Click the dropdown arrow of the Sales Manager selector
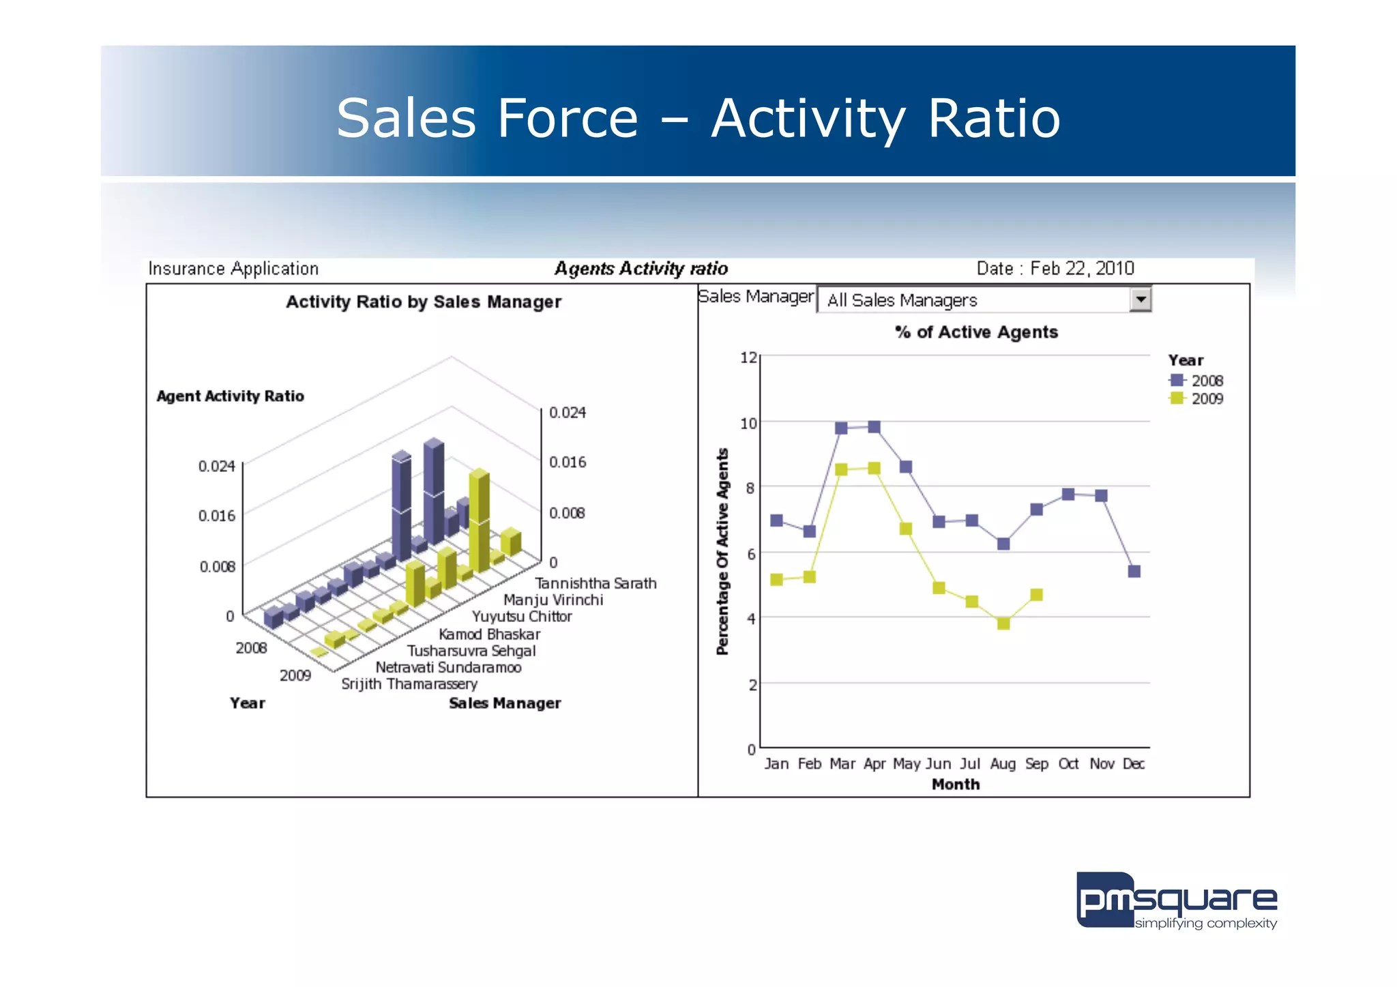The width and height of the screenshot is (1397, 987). click(x=1140, y=299)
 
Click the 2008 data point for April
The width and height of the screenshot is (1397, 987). click(x=874, y=427)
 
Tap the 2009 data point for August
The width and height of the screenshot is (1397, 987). click(x=1003, y=623)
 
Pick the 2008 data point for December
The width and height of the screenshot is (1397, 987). click(x=1134, y=571)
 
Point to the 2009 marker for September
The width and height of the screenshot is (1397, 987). click(x=1036, y=595)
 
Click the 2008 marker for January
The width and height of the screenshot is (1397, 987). click(x=776, y=520)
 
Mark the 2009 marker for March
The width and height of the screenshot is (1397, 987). click(x=841, y=469)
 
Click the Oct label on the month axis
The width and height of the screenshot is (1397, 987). click(x=1068, y=764)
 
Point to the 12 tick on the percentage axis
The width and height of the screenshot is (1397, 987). click(x=748, y=357)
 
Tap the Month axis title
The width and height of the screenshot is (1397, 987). click(x=955, y=784)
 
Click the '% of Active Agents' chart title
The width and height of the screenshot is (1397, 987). click(x=976, y=332)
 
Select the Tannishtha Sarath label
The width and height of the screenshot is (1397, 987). click(x=595, y=583)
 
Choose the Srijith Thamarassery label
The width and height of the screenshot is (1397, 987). click(x=409, y=684)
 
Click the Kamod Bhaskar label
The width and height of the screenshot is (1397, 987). click(x=489, y=634)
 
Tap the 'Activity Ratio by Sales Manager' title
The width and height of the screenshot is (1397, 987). click(x=423, y=302)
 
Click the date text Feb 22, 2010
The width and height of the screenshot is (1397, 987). click(x=1081, y=268)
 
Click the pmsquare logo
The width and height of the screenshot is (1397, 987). click(x=1176, y=900)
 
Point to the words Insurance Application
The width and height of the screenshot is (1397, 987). click(x=233, y=269)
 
